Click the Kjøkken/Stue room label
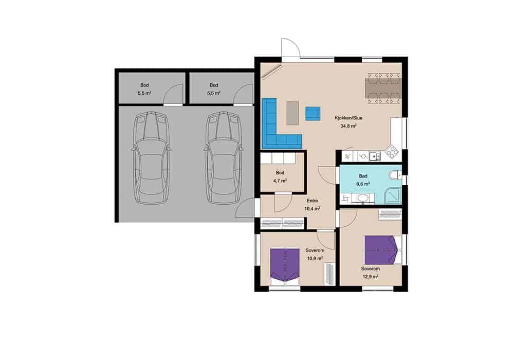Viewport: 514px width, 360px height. coord(348,118)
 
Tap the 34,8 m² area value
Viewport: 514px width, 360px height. coord(348,125)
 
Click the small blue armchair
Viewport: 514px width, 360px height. coord(313,114)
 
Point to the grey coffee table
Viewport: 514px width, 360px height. coord(293,113)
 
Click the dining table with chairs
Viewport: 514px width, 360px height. coord(383,88)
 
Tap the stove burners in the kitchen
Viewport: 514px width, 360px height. coord(392,152)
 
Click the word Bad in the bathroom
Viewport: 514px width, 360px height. coord(363,176)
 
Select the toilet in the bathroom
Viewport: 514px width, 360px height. coord(395,175)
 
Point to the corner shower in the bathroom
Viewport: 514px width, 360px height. coord(392,195)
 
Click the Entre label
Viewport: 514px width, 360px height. coord(312,201)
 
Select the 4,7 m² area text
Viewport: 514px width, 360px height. coord(280,181)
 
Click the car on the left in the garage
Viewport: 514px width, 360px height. coord(151,158)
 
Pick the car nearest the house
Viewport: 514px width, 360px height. coord(224,158)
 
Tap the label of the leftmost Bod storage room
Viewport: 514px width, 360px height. coord(144,85)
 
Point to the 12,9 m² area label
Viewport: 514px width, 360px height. coord(371,276)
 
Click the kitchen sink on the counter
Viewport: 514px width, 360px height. coord(375,156)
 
